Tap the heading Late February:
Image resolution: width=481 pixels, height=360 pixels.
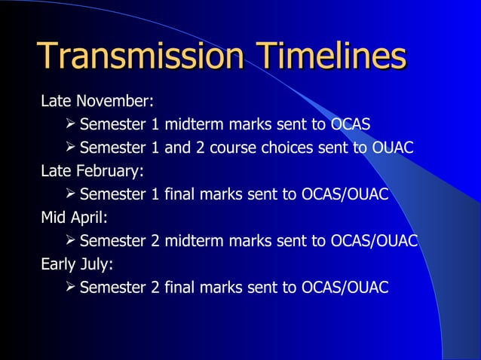[92, 171]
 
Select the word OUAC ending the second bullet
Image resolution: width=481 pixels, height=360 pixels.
[394, 148]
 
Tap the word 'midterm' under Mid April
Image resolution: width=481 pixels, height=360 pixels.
[190, 242]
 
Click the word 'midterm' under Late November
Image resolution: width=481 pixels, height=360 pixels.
[190, 124]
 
